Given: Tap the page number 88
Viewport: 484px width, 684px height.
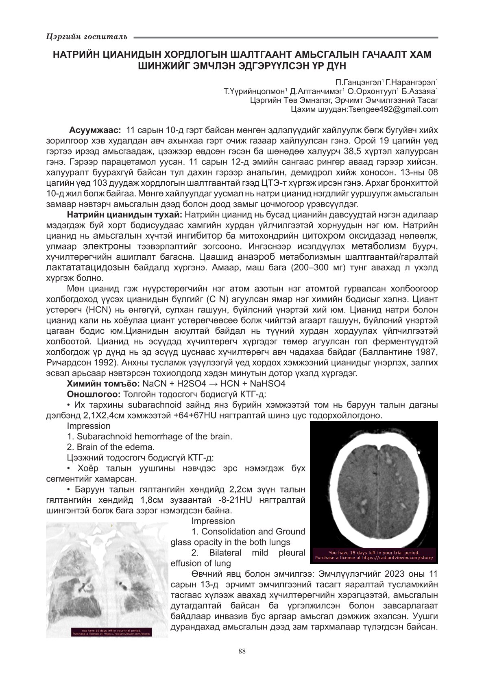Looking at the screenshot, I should (242, 651).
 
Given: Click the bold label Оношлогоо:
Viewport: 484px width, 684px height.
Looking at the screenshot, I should (94, 394).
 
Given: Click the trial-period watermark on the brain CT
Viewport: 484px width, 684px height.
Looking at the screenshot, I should (374, 556).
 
